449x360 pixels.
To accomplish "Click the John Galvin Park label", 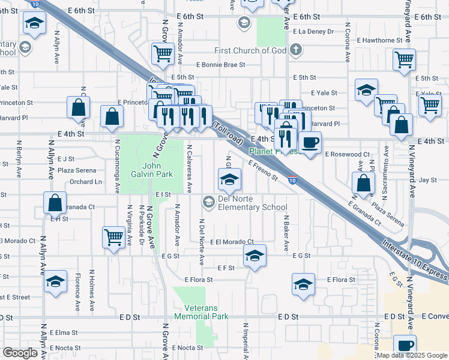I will point(158,170).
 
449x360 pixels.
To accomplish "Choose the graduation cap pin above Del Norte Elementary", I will point(229,179).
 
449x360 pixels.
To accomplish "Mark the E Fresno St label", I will point(262,170).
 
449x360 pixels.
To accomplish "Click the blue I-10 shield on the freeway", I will point(291,180).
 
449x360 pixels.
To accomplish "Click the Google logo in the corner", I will point(20,353).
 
